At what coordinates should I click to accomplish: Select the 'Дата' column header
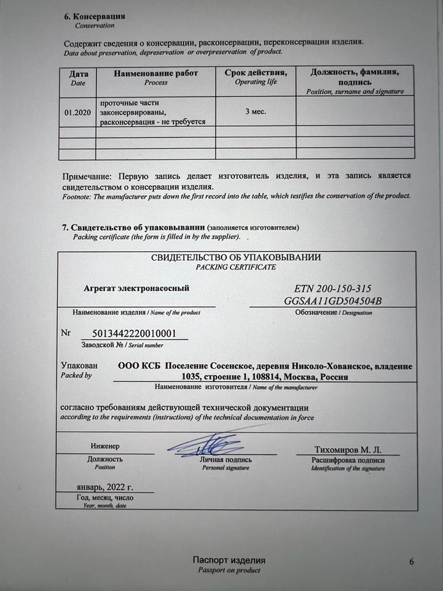click(x=78, y=74)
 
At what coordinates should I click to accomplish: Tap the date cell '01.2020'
click(x=78, y=112)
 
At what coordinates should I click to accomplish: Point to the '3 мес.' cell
click(x=256, y=111)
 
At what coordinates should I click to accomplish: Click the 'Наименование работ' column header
click(x=156, y=73)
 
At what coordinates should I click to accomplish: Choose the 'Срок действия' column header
click(x=256, y=73)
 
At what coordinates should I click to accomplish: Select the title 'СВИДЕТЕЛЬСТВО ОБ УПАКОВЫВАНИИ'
click(x=236, y=257)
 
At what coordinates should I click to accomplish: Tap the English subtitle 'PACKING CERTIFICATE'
click(x=235, y=267)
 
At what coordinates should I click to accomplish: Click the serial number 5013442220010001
click(x=133, y=334)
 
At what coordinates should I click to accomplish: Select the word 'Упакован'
click(x=80, y=365)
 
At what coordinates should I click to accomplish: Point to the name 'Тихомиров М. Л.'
click(x=348, y=450)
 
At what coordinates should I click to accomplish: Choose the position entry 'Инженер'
click(x=104, y=446)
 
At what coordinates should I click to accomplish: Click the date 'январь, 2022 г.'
click(x=104, y=487)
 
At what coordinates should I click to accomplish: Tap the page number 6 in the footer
click(x=411, y=562)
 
